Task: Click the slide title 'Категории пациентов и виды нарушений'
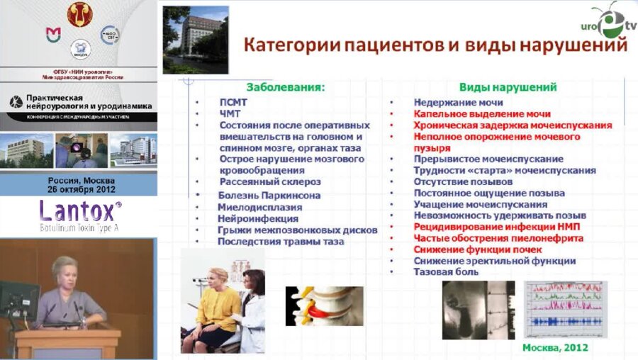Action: pyautogui.click(x=435, y=45)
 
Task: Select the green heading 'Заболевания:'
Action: pyautogui.click(x=285, y=87)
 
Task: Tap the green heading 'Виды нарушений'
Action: pyautogui.click(x=507, y=87)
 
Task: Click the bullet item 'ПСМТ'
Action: pyautogui.click(x=235, y=102)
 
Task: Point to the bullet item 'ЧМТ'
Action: pyautogui.click(x=231, y=113)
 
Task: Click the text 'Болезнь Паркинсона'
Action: pyautogui.click(x=270, y=195)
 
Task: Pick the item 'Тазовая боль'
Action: pyautogui.click(x=446, y=271)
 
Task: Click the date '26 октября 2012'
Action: pyautogui.click(x=78, y=189)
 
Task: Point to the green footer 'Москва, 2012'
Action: pyautogui.click(x=554, y=348)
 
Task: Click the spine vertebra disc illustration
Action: pyautogui.click(x=324, y=305)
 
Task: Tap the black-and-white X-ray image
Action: pyautogui.click(x=476, y=310)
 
